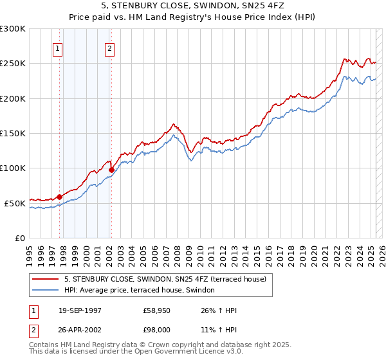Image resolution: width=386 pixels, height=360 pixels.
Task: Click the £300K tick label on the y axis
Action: point(13,29)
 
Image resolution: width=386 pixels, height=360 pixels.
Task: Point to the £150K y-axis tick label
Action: point(13,134)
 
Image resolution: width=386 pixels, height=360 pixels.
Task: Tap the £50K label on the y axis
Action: point(15,203)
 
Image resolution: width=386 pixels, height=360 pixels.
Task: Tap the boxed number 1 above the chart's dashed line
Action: point(58,48)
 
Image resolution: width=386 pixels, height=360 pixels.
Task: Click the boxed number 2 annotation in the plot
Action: point(110,48)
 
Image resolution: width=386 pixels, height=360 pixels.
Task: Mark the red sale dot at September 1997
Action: point(60,197)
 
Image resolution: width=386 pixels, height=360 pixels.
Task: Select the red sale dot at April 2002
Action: point(111,170)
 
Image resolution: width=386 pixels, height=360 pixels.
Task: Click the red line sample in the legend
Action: point(46,278)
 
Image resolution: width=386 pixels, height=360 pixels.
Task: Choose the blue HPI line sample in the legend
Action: point(46,290)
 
